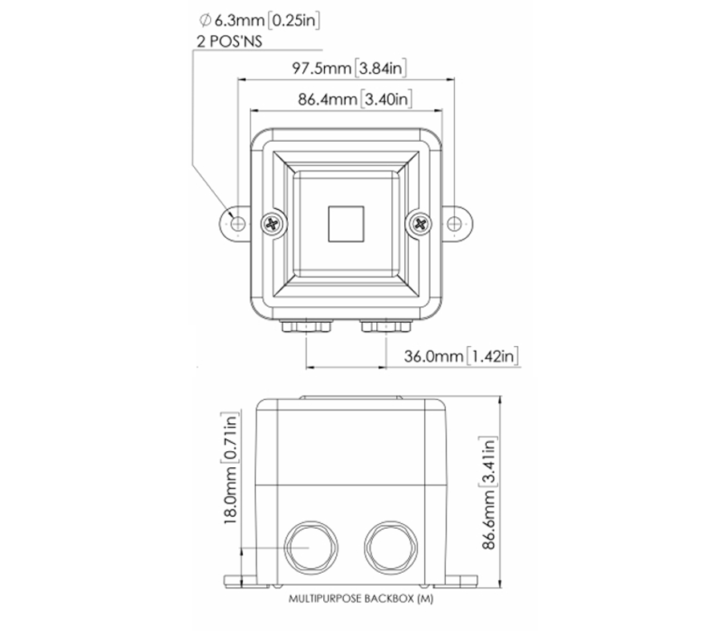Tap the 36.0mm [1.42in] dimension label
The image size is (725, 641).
tap(460, 356)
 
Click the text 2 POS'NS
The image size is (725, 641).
tap(229, 40)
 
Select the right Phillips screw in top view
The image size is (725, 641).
tap(419, 224)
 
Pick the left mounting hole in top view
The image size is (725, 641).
tap(237, 224)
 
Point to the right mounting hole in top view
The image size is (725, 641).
tap(455, 224)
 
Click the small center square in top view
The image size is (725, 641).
tap(346, 224)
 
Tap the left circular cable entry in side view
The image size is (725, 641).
tap(308, 546)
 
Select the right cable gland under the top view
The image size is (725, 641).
tap(383, 327)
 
